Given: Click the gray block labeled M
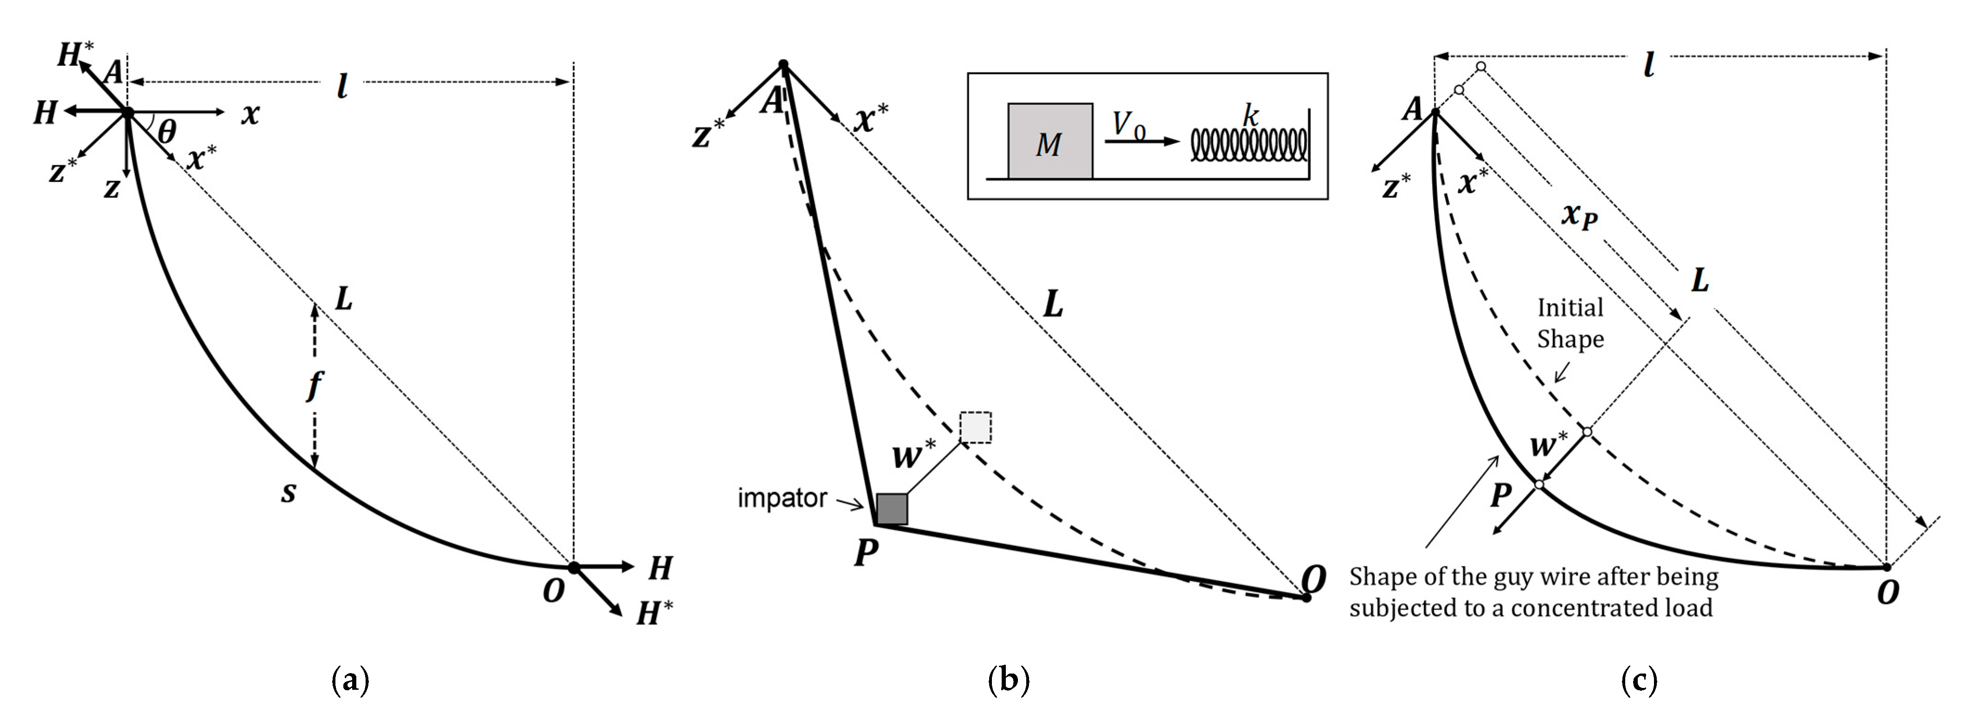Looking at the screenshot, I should tap(1049, 141).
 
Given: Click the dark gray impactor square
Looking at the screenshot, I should tap(891, 509).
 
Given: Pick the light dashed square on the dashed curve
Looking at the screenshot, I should tap(975, 427).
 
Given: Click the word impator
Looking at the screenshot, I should tap(781, 498).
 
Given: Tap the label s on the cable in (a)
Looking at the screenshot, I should tap(288, 493).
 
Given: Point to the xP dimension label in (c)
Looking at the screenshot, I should tap(1580, 217).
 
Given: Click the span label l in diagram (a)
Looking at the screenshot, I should tap(341, 87).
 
